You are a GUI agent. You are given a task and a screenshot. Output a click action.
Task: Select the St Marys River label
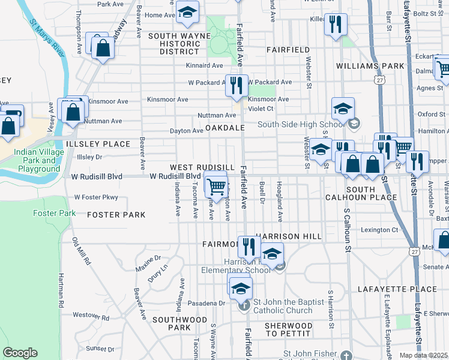pyautogui.click(x=47, y=40)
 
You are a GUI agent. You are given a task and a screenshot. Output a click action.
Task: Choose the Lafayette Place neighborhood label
pyautogui.click(x=397, y=289)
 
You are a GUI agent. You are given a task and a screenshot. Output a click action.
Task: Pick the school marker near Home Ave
pyautogui.click(x=187, y=13)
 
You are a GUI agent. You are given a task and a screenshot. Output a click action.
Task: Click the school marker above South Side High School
pyautogui.click(x=343, y=109)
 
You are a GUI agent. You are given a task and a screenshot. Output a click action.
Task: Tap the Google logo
pyautogui.click(x=20, y=353)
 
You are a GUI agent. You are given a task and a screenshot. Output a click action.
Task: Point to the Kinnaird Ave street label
pyautogui.click(x=205, y=65)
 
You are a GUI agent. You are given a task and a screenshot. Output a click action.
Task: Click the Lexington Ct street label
pyautogui.click(x=379, y=230)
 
